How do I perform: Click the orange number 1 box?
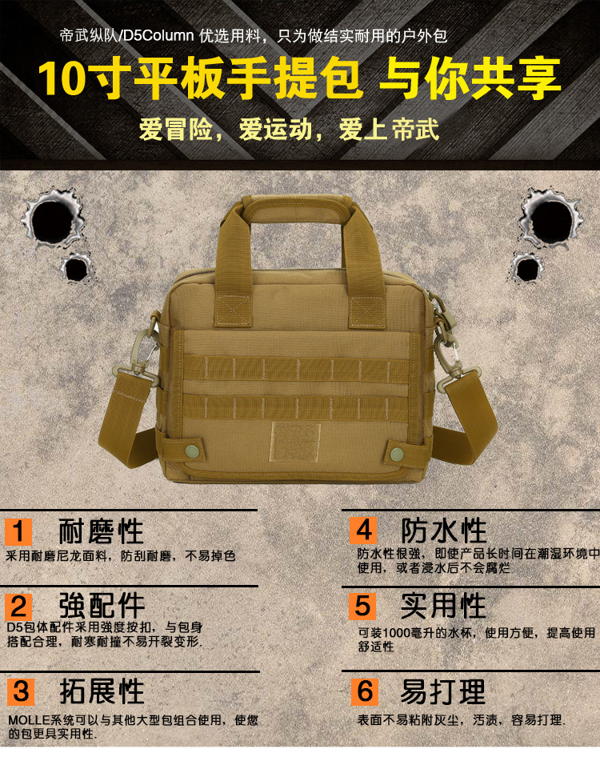pyautogui.click(x=19, y=531)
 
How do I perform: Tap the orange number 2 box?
pyautogui.click(x=19, y=606)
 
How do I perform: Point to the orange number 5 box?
pyautogui.click(x=364, y=606)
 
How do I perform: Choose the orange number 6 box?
pyautogui.click(x=364, y=690)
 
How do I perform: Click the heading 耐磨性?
pyautogui.click(x=101, y=531)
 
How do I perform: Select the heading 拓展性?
pyautogui.click(x=101, y=690)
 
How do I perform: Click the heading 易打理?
pyautogui.click(x=443, y=690)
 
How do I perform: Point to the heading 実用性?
pyautogui.click(x=443, y=606)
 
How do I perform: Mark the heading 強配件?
pyautogui.click(x=101, y=606)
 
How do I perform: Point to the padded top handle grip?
pyautogui.click(x=294, y=210)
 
